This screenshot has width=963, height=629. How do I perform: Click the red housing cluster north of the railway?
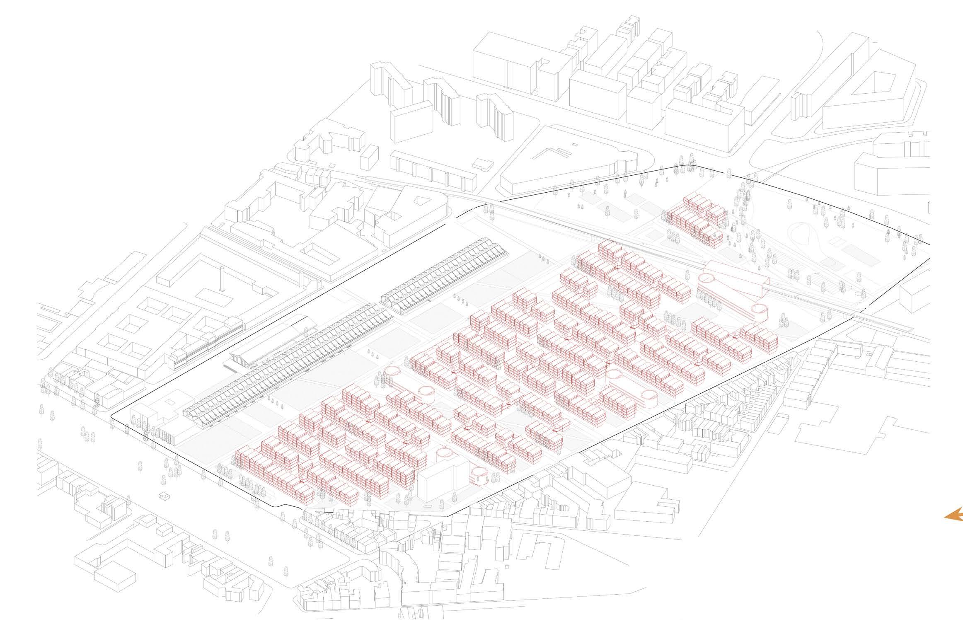tap(696, 220)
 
